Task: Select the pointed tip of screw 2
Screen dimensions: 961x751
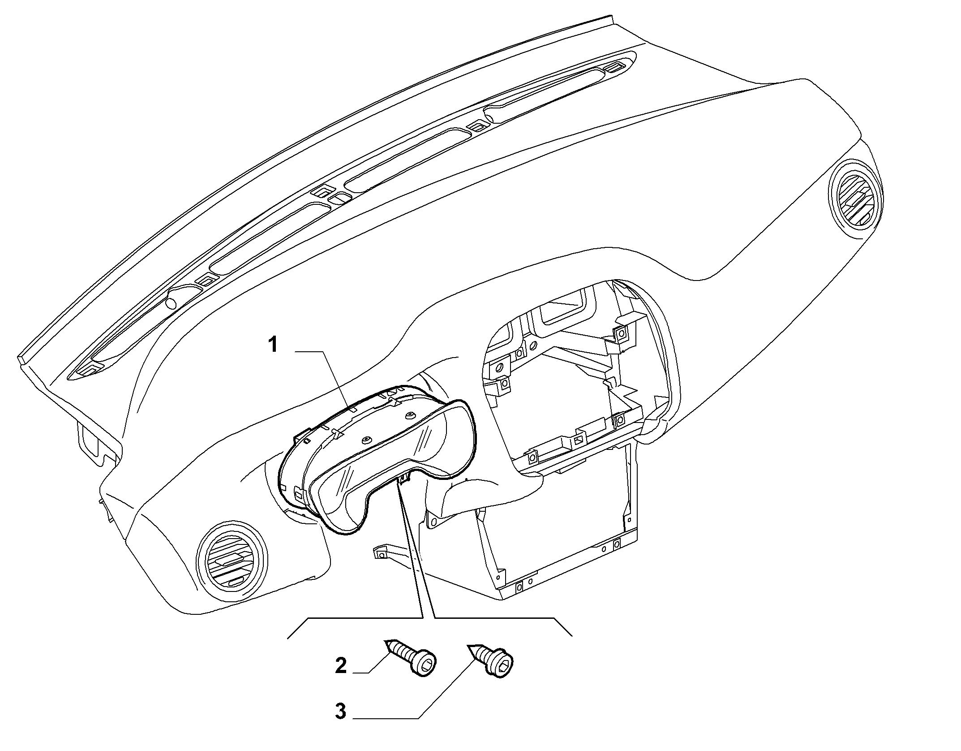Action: [386, 642]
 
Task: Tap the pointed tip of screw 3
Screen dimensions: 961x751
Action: [469, 646]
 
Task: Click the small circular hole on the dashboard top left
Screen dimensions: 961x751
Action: [171, 303]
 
